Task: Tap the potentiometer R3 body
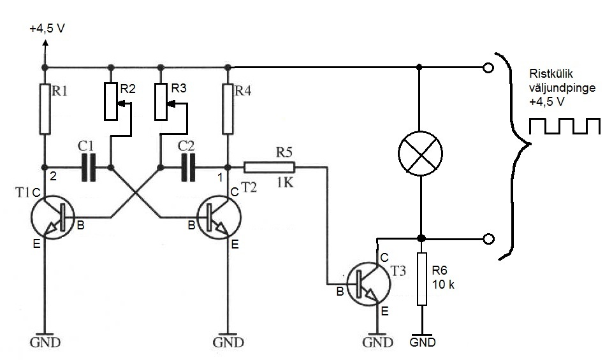pos(161,101)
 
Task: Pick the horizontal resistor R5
pos(269,168)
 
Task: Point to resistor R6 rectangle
pos(421,278)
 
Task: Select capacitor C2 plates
pos(186,168)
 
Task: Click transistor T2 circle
pos(219,217)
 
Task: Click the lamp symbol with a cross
pos(419,154)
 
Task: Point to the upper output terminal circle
pos(488,67)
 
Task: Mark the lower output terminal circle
pos(488,239)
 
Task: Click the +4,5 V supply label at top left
pos(46,29)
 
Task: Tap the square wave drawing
pos(564,126)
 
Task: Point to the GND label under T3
pos(378,342)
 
